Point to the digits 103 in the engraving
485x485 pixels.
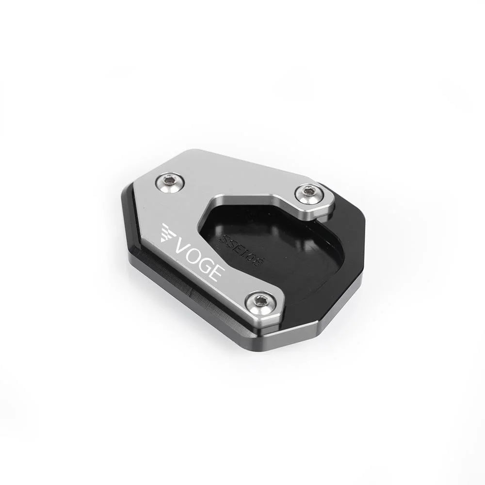point(253,257)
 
